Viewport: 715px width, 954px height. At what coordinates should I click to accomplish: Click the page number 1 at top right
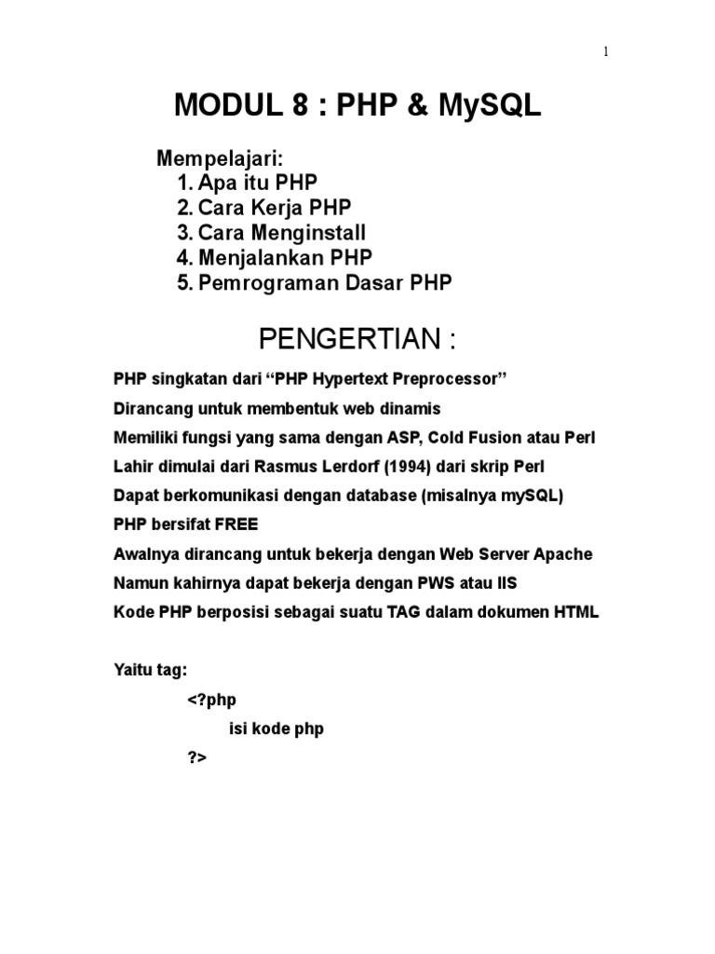[606, 52]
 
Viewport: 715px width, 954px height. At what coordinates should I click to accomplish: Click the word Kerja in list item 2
[283, 208]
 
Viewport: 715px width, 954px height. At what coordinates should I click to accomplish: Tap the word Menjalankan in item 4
[257, 258]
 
